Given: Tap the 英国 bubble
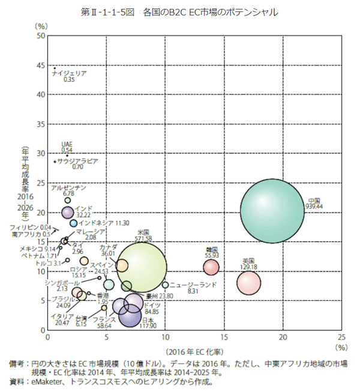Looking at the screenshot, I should click(x=248, y=282).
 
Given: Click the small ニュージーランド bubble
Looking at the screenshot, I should click(x=165, y=285).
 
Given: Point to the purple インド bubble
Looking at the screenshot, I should click(x=67, y=211).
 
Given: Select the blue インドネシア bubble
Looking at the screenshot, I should click(x=73, y=223).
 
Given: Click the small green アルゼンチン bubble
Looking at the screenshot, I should click(x=68, y=200).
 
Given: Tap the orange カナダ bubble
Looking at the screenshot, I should click(x=122, y=265).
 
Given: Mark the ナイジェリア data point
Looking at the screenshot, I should click(x=55, y=67).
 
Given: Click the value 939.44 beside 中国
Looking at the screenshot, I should click(x=314, y=206).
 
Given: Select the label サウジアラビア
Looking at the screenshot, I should click(x=77, y=162).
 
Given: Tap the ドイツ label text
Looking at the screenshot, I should click(x=152, y=305).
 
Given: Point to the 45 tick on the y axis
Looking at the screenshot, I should click(x=41, y=65).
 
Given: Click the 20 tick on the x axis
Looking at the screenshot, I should click(x=283, y=338).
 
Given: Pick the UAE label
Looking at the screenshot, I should click(x=67, y=145).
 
